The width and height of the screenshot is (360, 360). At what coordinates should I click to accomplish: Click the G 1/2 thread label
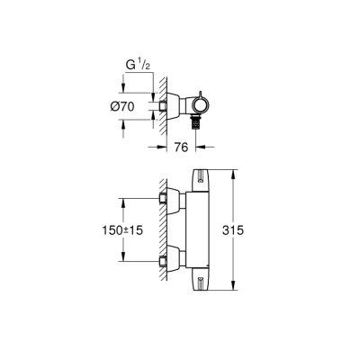tap(131, 65)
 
